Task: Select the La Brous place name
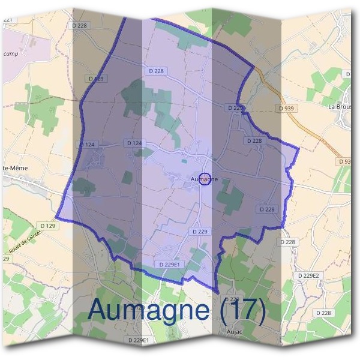(340, 106)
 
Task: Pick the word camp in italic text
(10, 53)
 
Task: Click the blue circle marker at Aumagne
(205, 179)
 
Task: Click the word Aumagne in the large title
(155, 310)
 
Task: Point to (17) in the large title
(244, 310)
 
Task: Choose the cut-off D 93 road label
(346, 161)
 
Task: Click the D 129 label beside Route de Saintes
(50, 225)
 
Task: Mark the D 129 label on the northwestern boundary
(96, 78)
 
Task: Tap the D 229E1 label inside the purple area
(170, 264)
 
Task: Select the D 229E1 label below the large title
(138, 340)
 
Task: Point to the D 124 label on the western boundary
(87, 144)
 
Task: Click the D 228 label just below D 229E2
(323, 313)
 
